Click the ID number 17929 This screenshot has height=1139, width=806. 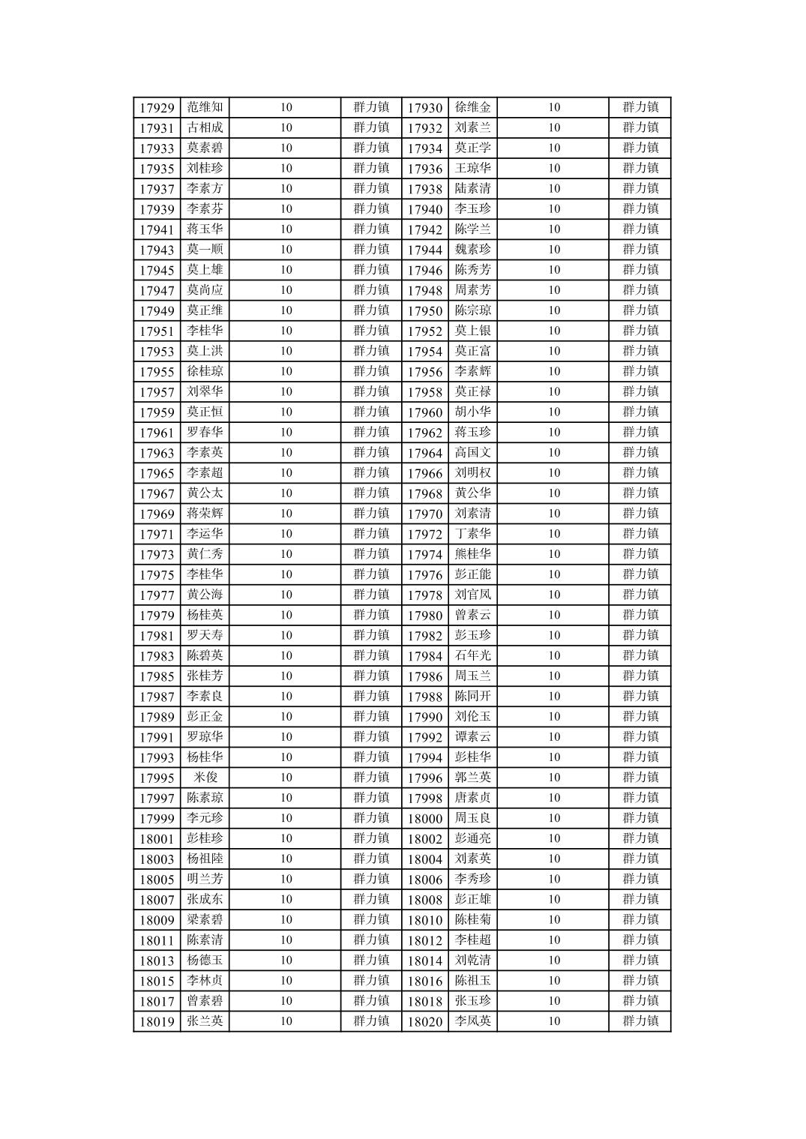pyautogui.click(x=157, y=108)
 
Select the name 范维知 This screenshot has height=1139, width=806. pyautogui.click(x=205, y=107)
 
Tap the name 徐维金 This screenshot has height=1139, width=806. pyautogui.click(x=472, y=107)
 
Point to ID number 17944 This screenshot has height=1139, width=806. pyautogui.click(x=425, y=250)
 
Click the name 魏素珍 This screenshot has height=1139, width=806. pyautogui.click(x=472, y=249)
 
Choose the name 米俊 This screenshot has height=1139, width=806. pyautogui.click(x=205, y=777)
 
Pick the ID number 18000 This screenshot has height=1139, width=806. pyautogui.click(x=425, y=819)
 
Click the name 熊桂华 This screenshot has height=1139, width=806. pyautogui.click(x=472, y=553)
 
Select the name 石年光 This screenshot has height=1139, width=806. pyautogui.click(x=472, y=655)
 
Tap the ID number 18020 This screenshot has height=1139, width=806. pyautogui.click(x=425, y=1021)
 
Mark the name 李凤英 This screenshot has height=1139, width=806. pyautogui.click(x=472, y=1021)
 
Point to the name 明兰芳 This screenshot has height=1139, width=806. pyautogui.click(x=205, y=878)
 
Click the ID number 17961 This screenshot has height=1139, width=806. pyautogui.click(x=157, y=433)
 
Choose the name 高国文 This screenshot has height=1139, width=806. pyautogui.click(x=472, y=452)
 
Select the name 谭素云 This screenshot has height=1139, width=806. pyautogui.click(x=472, y=736)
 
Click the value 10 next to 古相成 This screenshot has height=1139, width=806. pyautogui.click(x=286, y=127)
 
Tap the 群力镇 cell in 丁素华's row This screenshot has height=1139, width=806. pyautogui.click(x=640, y=533)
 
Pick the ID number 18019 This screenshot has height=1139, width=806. pyautogui.click(x=157, y=1021)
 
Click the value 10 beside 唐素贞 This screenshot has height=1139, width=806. pyautogui.click(x=553, y=797)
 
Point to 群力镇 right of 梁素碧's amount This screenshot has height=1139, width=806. pyautogui.click(x=371, y=919)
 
